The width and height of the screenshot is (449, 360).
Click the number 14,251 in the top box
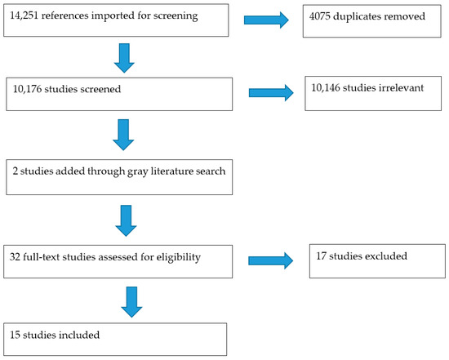(24, 16)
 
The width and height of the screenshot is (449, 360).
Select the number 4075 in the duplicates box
(319, 16)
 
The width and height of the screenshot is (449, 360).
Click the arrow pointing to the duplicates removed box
(266, 20)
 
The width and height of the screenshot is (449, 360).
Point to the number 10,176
(27, 89)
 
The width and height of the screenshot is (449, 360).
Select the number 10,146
(326, 88)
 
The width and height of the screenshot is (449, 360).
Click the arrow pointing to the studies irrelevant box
(271, 93)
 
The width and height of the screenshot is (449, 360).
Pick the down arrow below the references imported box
(124, 58)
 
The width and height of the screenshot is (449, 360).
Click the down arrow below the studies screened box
(123, 135)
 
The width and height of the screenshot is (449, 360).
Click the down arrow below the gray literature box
(126, 220)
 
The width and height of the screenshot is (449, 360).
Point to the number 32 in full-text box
(15, 257)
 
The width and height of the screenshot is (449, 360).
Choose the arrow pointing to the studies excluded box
(270, 260)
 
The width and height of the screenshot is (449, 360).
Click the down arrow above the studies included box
(131, 302)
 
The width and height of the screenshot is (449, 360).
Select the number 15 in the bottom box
(15, 335)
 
